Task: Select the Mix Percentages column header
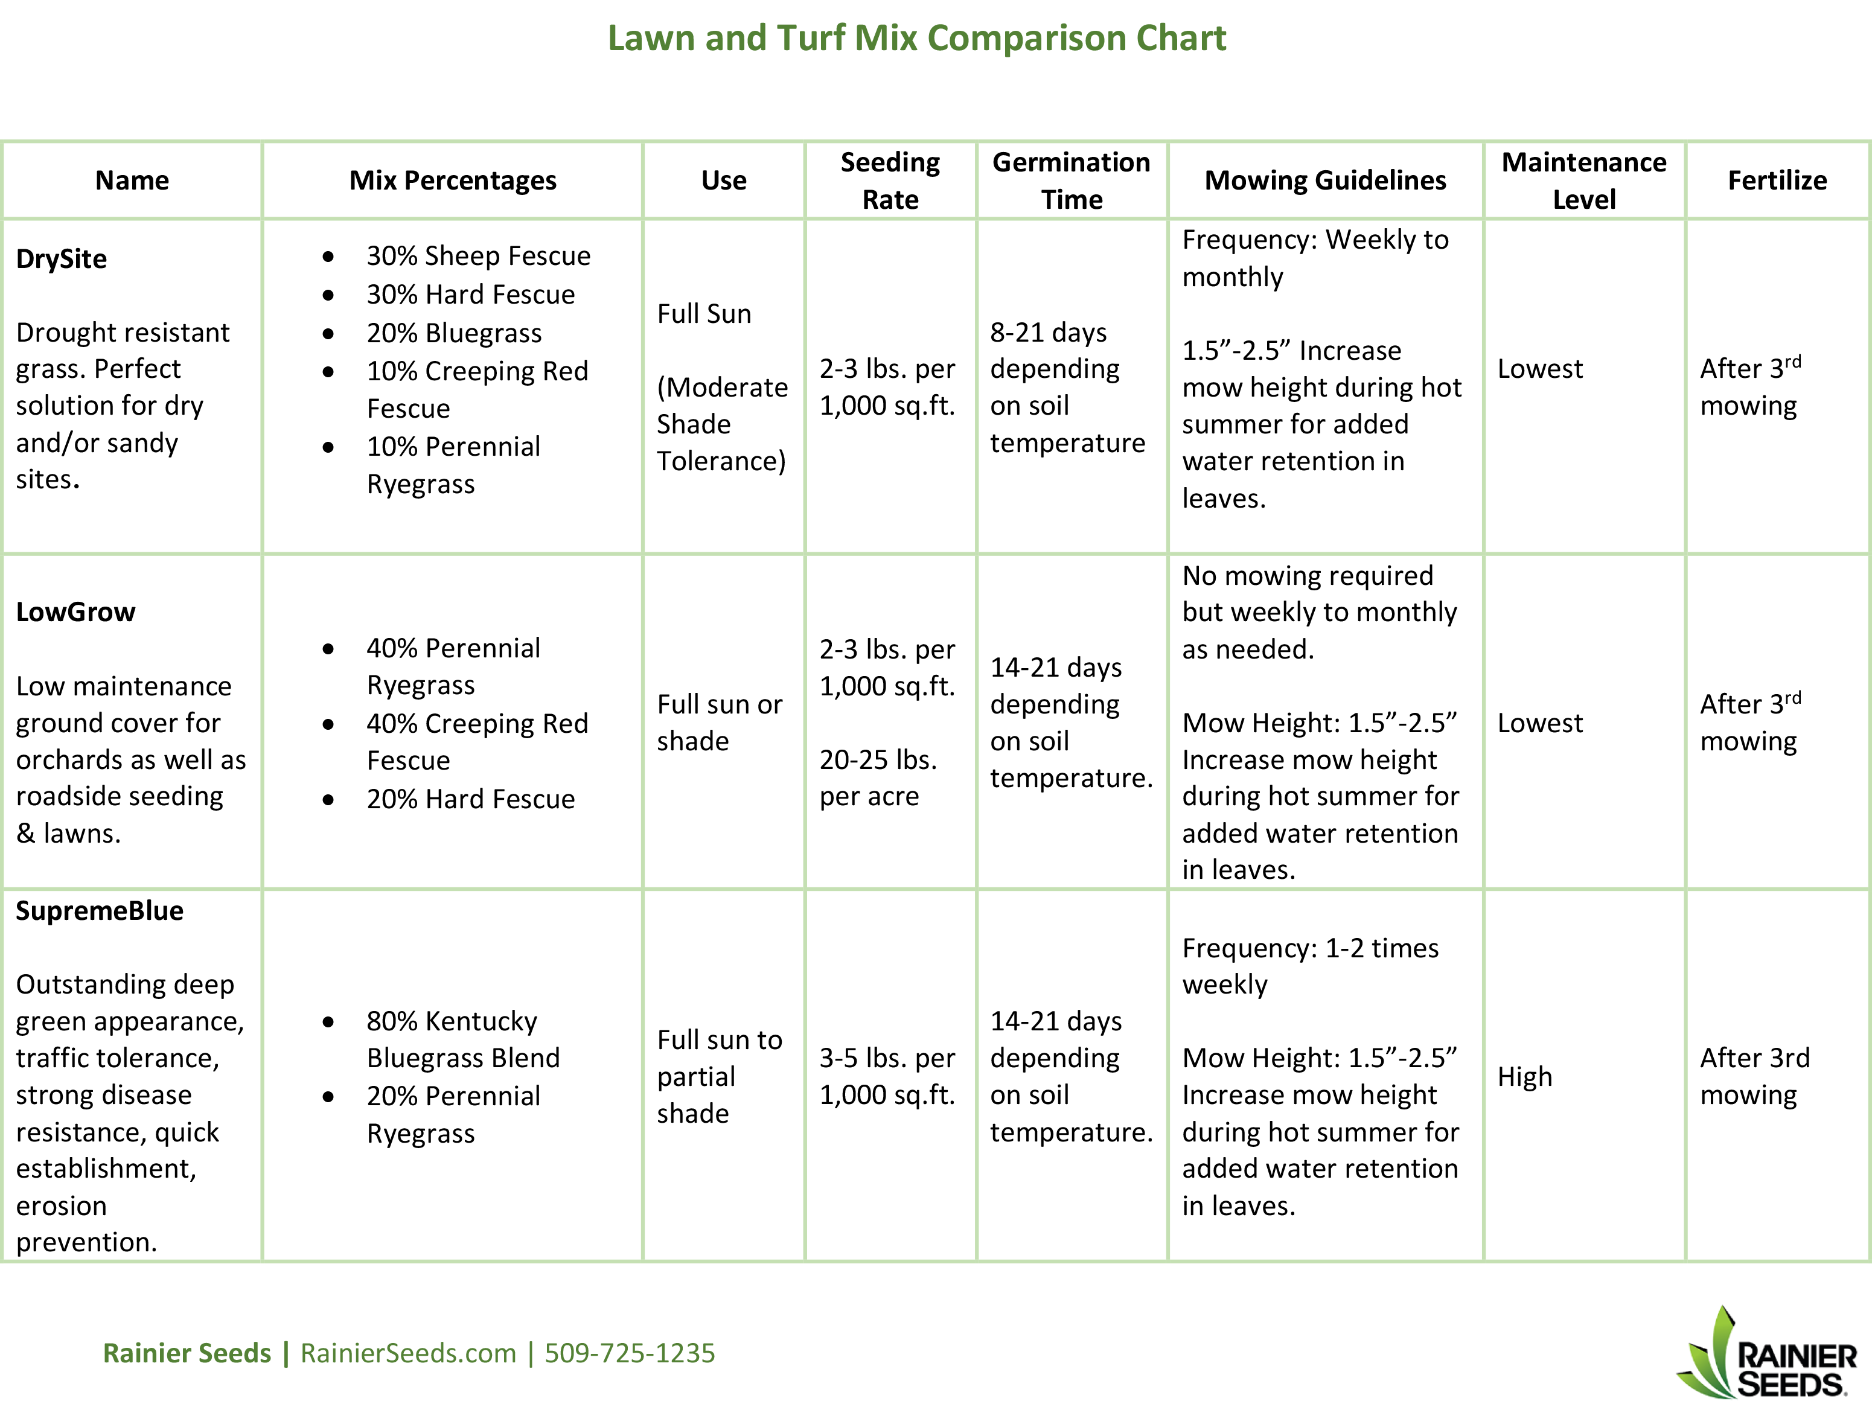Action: point(453,180)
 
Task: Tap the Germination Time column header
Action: point(1072,180)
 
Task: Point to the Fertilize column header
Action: point(1777,180)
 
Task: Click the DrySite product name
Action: point(61,258)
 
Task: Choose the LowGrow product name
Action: point(75,612)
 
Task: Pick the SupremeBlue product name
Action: point(99,911)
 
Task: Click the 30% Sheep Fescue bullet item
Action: point(478,255)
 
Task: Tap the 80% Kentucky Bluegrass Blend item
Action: point(463,1039)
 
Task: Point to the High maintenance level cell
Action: point(1525,1076)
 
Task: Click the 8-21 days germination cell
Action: point(1068,387)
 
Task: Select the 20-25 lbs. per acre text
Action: point(878,777)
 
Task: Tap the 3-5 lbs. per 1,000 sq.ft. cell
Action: point(887,1076)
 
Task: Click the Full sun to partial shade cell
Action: point(720,1076)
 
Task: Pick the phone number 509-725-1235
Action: point(630,1353)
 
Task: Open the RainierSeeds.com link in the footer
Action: point(408,1353)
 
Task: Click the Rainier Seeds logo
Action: point(1767,1352)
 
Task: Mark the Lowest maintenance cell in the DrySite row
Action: point(1539,369)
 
